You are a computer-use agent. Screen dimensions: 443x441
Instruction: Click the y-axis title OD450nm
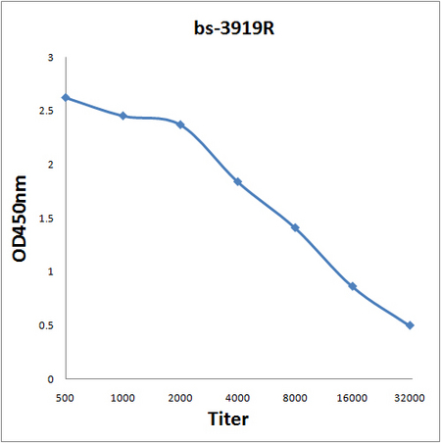coord(20,218)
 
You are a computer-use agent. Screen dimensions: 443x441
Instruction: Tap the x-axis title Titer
coord(229,419)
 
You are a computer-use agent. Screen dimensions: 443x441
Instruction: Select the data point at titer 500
coord(66,98)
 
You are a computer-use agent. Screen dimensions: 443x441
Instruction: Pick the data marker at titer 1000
coord(123,116)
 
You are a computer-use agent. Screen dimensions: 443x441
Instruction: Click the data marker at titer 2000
coord(180,124)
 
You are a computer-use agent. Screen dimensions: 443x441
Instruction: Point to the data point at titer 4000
coord(238,182)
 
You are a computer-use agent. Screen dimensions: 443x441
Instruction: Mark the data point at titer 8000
coord(295,227)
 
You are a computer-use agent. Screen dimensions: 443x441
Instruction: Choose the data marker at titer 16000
coord(353,286)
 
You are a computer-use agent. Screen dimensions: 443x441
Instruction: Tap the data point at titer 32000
coord(410,325)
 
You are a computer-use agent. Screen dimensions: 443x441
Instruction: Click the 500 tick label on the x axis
coord(66,397)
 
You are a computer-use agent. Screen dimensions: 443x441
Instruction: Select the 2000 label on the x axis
coord(180,397)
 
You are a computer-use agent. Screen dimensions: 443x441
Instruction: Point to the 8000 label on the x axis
coord(295,397)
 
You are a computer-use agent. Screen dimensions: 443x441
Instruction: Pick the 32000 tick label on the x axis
coord(410,397)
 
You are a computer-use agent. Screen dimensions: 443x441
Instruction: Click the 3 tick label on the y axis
coord(51,59)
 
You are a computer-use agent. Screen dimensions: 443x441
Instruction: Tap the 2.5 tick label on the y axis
coord(47,112)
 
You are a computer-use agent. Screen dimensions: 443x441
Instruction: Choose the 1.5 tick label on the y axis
coord(47,219)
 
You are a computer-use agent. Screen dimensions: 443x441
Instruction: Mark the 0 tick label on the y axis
coord(51,378)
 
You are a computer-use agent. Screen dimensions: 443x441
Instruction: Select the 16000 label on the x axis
coord(353,397)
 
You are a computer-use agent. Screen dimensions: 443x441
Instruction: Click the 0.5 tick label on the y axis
coord(47,325)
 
